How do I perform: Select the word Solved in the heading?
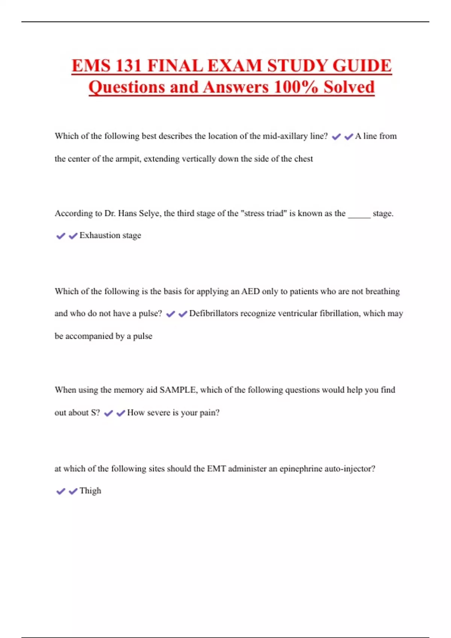point(349,87)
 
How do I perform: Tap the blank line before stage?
point(359,214)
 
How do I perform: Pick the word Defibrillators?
point(213,313)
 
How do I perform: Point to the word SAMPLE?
point(178,390)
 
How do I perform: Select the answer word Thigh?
point(90,491)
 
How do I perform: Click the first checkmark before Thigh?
point(61,491)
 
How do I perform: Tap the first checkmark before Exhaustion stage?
point(61,236)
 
